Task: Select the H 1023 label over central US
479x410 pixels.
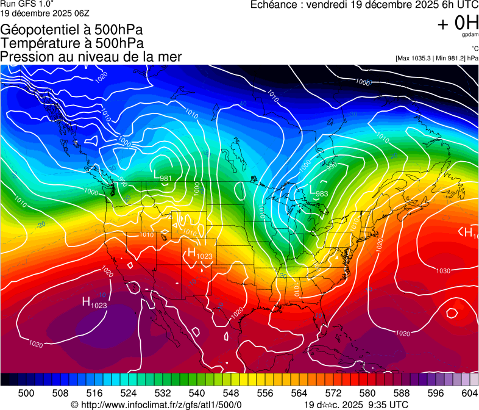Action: [200, 254]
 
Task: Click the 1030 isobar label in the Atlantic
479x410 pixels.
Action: [443, 270]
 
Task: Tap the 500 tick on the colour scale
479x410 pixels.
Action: [27, 393]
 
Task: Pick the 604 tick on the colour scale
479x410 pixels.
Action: [470, 393]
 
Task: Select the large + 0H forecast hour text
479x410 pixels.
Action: [458, 23]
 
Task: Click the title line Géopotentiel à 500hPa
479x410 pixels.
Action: [72, 30]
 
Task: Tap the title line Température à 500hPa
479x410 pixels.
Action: [72, 43]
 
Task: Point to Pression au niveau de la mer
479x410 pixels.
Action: [91, 57]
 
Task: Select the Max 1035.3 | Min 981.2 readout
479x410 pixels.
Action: [436, 59]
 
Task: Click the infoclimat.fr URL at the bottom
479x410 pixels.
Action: [156, 405]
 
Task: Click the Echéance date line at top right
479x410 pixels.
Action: [364, 5]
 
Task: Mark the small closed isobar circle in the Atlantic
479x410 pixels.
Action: [452, 313]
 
